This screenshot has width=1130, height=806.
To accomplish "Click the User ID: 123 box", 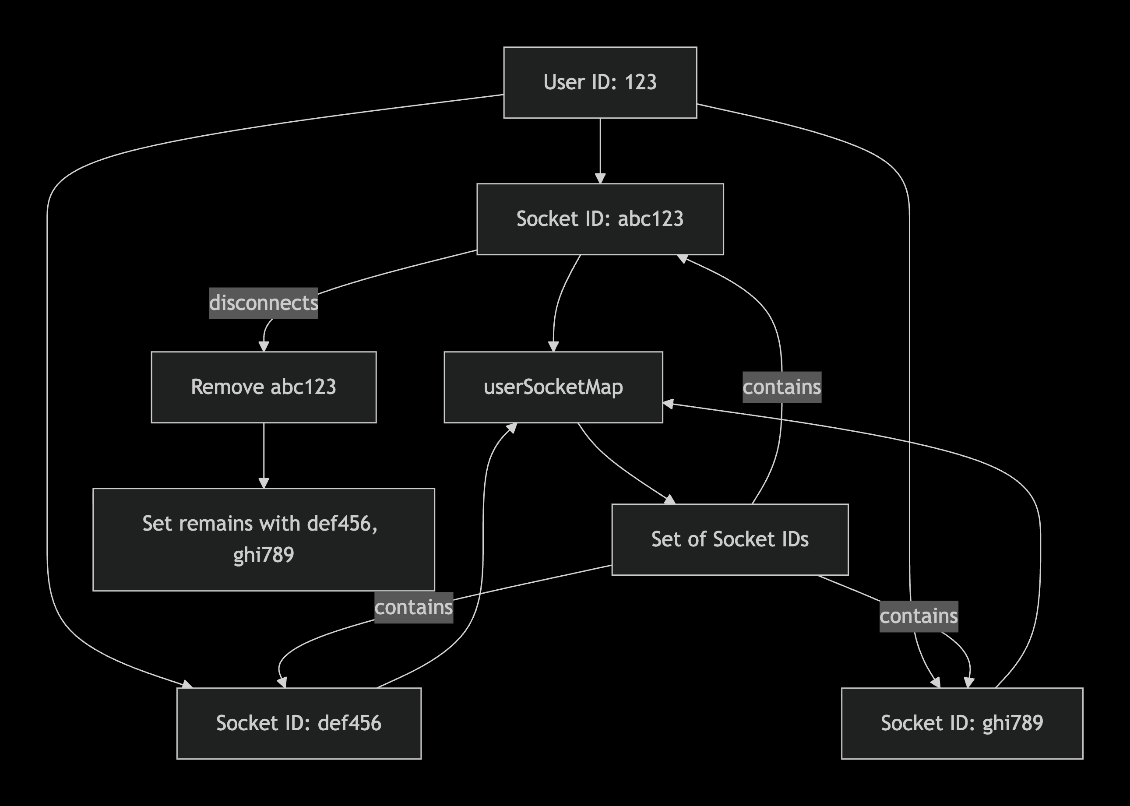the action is pos(600,82).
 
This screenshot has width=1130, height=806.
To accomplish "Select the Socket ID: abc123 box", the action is pos(600,219).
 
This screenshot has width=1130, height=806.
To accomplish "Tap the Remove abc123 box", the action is pos(264,387).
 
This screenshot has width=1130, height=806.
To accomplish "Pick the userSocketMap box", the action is pos(553,387).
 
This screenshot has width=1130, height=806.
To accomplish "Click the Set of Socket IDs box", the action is pos(730,539).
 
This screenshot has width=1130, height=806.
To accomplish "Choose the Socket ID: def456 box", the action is pos(299,723).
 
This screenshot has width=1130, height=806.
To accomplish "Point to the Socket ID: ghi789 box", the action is pos(962,723).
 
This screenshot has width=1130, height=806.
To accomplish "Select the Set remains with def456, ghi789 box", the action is pos(264,539).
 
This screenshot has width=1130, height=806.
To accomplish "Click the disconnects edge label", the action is pos(264,303).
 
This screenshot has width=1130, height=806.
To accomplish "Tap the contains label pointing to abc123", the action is pos(782,387).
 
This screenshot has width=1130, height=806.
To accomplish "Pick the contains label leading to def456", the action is pos(414,608).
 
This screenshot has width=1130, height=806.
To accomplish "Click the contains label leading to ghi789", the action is pos(919,616).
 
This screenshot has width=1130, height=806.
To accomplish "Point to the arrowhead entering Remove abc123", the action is pos(264,346).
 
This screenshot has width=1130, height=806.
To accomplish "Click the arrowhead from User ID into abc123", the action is pos(600,178).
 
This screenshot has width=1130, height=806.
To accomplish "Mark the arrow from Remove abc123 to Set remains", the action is pos(264,456).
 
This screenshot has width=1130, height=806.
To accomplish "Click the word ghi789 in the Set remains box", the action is pos(264,555).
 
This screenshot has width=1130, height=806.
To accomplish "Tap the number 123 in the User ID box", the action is pos(640,82).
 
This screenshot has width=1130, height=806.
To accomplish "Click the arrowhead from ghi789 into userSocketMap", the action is pos(669,404).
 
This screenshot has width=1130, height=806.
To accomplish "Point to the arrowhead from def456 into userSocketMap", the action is pos(512,428).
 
